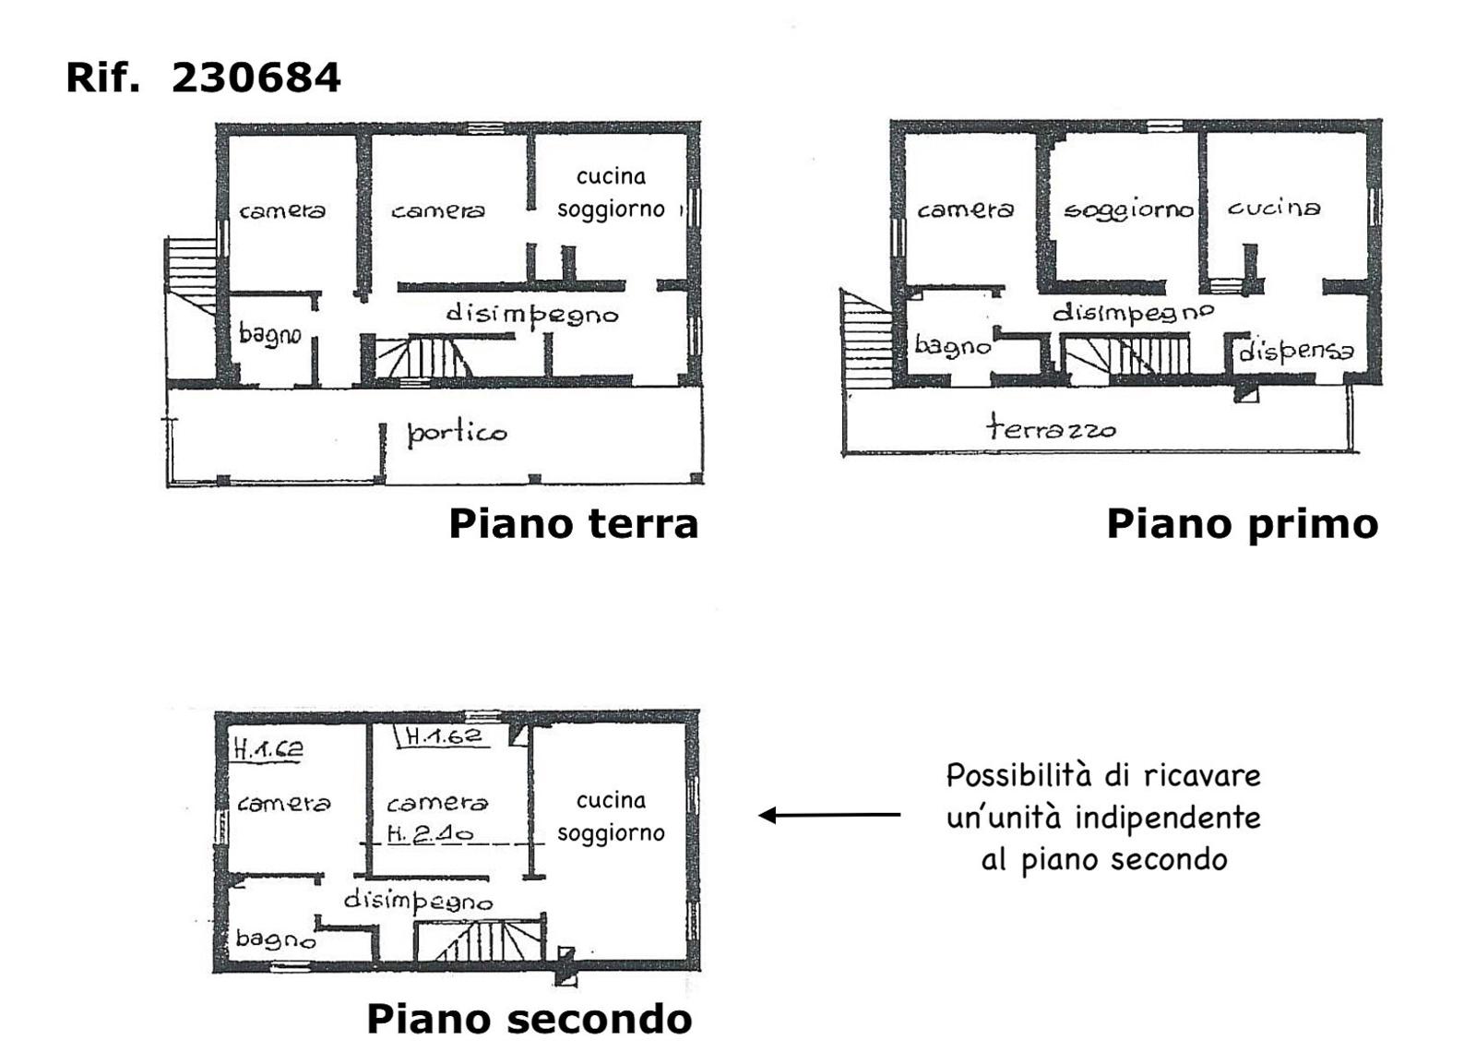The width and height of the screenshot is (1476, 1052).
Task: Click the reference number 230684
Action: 256,78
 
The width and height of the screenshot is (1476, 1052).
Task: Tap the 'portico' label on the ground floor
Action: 458,434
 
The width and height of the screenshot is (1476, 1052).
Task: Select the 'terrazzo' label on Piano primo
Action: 1051,428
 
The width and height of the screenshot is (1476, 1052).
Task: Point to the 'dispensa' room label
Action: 1296,351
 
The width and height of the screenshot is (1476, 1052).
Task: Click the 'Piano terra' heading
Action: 573,524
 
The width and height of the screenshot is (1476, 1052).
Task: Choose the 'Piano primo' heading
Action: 1242,525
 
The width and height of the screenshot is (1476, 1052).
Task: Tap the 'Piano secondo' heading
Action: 530,1019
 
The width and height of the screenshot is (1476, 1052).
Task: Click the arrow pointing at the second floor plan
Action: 829,816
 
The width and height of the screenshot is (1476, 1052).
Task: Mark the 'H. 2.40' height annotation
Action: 430,834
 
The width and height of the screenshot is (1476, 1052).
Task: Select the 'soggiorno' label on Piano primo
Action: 1129,209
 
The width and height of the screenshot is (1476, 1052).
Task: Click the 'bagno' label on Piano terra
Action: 270,333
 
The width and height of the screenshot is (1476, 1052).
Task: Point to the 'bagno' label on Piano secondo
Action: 276,938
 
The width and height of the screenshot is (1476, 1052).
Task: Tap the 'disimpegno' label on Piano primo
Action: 1133,313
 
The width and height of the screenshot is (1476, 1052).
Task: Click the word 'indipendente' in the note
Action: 1168,819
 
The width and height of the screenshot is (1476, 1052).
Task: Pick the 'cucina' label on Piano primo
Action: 1274,208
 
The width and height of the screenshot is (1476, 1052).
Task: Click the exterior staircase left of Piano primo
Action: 866,338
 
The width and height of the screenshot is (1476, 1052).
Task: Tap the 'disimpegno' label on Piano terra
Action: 532,315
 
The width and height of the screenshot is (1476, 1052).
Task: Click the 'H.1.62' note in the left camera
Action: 268,748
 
